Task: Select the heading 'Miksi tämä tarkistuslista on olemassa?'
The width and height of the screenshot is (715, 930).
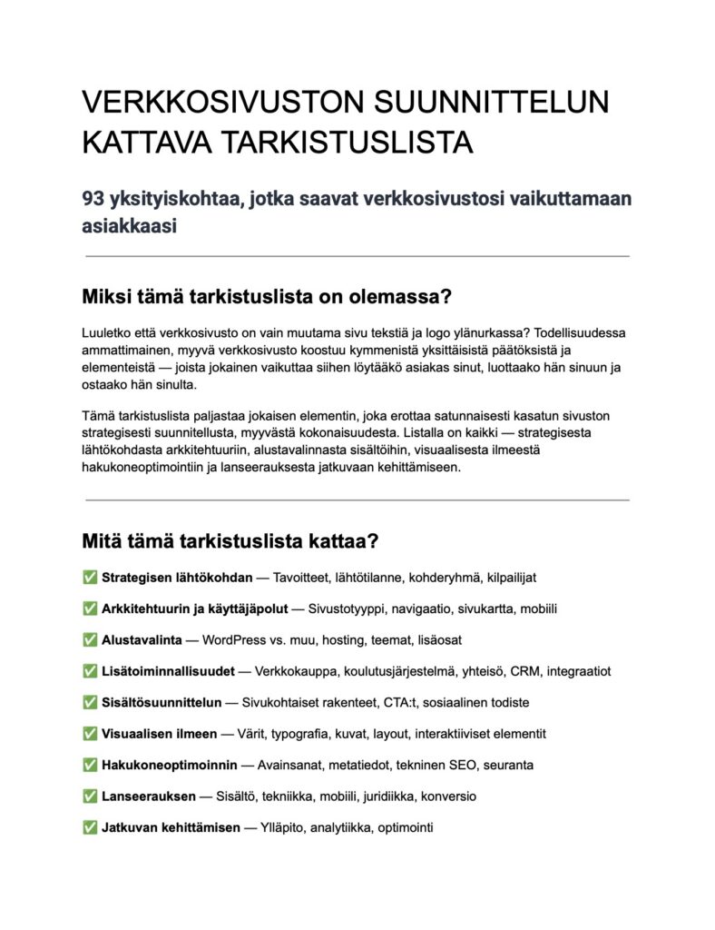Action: click(x=267, y=297)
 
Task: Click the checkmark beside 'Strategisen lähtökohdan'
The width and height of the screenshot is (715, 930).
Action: click(x=90, y=578)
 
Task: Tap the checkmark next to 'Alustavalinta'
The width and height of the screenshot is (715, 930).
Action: click(x=90, y=639)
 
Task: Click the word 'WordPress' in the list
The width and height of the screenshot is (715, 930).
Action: click(x=234, y=639)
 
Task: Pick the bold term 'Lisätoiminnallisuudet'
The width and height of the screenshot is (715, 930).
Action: click(x=169, y=671)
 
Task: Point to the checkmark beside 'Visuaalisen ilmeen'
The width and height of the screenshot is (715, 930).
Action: click(x=90, y=734)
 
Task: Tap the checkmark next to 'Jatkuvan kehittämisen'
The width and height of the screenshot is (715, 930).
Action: click(x=90, y=827)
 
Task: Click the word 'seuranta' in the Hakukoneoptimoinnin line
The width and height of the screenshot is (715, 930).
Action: click(x=508, y=765)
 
